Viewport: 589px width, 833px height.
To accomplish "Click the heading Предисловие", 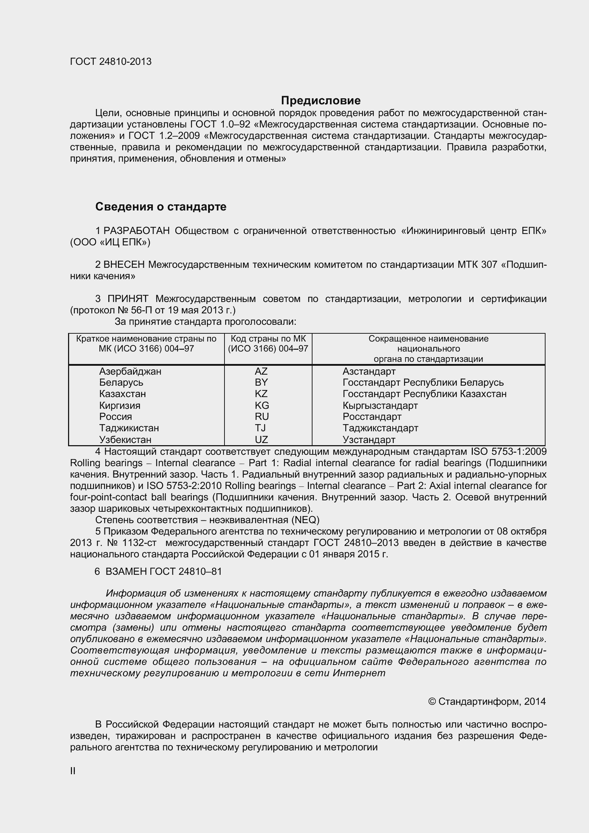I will click(x=320, y=100).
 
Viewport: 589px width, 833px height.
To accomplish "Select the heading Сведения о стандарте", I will click(x=161, y=207).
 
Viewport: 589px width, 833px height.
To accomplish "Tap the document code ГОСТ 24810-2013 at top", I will click(x=111, y=62).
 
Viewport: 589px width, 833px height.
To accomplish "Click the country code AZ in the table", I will click(x=261, y=371).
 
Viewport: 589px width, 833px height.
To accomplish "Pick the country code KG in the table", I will click(x=262, y=405).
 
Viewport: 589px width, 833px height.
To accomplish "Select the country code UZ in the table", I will click(x=261, y=440).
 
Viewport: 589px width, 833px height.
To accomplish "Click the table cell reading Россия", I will click(x=115, y=417).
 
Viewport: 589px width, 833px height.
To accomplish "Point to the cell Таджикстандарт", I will click(x=380, y=428).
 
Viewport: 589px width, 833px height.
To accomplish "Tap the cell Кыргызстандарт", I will click(x=380, y=405).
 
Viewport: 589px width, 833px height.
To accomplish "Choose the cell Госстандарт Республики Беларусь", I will click(x=423, y=382).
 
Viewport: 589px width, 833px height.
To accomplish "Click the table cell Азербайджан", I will click(x=130, y=371).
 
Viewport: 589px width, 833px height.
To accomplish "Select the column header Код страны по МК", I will click(x=268, y=344).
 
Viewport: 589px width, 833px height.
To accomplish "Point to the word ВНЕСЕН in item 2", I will click(x=124, y=265).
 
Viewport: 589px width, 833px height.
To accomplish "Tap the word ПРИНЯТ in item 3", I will click(x=128, y=299).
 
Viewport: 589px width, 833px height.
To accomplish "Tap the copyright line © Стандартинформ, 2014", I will click(x=487, y=701).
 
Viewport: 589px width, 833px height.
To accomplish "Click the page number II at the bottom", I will click(x=73, y=771).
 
